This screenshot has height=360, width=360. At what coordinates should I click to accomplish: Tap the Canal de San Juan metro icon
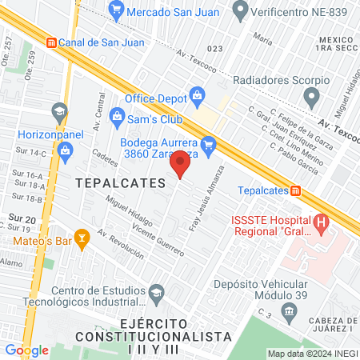52,42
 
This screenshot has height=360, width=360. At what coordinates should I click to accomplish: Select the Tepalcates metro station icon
296,190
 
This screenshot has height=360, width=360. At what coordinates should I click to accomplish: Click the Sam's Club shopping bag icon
118,116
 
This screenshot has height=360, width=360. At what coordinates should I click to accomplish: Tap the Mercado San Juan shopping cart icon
117,11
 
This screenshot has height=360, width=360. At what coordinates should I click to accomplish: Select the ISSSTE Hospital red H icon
322,220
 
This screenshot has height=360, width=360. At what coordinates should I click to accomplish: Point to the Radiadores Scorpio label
281,80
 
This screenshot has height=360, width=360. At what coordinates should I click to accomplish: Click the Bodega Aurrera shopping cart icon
209,144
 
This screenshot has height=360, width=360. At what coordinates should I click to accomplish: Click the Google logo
26,350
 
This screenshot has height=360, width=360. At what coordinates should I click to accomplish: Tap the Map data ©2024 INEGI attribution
310,354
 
